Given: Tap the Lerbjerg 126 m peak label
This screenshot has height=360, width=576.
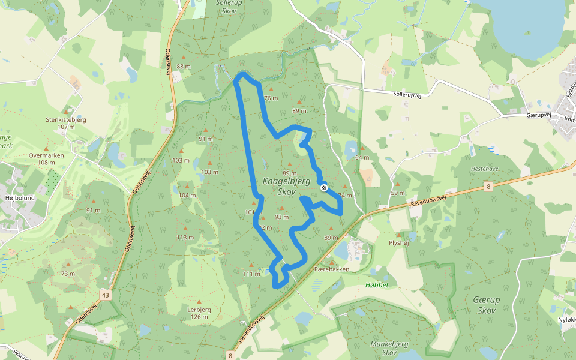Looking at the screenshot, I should click(x=195, y=313).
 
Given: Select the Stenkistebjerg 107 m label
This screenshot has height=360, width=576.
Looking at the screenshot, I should click(x=66, y=123).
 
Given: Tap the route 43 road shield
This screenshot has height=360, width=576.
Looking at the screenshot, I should click(x=106, y=295).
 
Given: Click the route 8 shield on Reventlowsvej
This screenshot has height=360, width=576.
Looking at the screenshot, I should click(x=488, y=187).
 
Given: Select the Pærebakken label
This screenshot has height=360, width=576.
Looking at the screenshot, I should click(x=332, y=269).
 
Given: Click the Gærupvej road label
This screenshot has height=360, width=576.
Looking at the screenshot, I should click(x=538, y=114).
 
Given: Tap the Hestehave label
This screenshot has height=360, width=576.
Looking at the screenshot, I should click(x=484, y=169).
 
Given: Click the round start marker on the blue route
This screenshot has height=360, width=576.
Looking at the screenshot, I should click(x=323, y=188).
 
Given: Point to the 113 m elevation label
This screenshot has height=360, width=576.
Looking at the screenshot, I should click(x=185, y=237).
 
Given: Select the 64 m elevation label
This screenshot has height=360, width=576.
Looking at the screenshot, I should click(x=362, y=157).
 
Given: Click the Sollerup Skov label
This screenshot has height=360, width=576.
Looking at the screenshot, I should click(x=228, y=7).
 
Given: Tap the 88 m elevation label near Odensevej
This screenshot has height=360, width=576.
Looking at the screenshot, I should click(x=184, y=67).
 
